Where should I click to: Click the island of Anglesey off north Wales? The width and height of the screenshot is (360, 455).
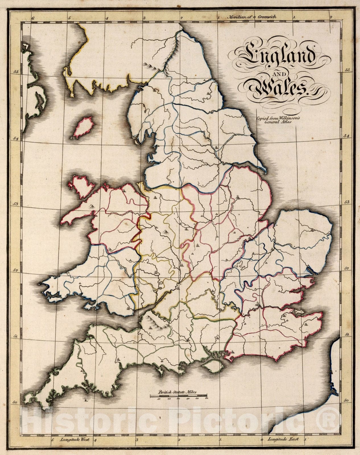click(82, 186)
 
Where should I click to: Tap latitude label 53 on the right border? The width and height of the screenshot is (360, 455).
click(347, 202)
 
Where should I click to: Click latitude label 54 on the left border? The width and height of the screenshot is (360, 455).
click(15, 138)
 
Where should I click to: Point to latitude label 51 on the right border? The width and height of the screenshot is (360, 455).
click(347, 335)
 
